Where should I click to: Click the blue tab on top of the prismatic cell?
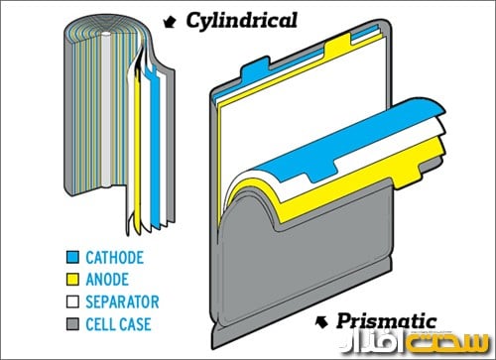pyautogui.click(x=256, y=68)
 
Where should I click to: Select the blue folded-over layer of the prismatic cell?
pyautogui.click(x=327, y=149)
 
